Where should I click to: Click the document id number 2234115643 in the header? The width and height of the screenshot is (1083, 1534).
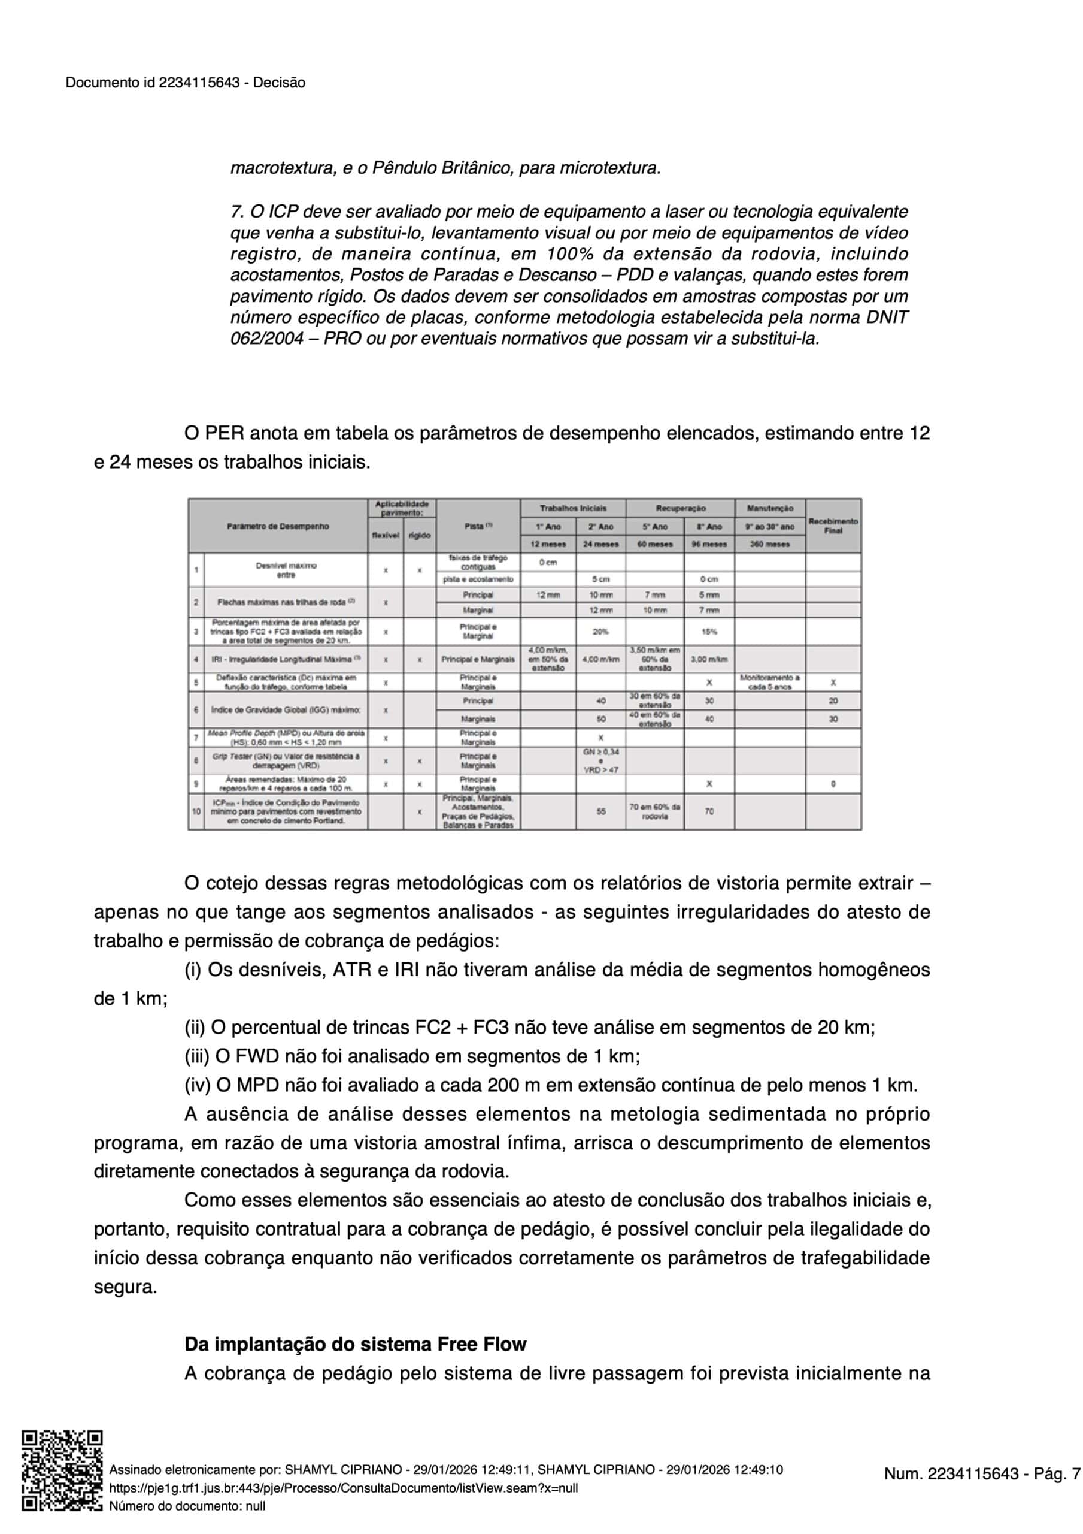coord(199,83)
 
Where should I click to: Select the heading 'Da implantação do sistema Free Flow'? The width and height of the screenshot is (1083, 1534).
coord(355,1343)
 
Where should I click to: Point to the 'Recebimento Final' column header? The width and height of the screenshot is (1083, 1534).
coord(833,525)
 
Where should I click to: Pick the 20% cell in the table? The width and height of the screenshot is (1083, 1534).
coord(600,631)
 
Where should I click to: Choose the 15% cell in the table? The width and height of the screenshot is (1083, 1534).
coord(709,631)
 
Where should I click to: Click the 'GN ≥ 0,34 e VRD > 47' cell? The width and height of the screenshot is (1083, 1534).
coord(600,760)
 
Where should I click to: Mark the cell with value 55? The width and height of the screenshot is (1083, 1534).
coord(601,811)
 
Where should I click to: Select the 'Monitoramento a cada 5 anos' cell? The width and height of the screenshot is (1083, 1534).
coord(770,681)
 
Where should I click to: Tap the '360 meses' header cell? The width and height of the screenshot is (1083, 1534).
coord(770,544)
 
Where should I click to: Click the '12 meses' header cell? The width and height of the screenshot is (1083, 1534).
coord(548,544)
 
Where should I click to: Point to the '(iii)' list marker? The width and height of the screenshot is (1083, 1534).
coord(197,1056)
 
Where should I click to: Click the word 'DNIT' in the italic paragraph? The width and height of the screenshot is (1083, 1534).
coord(887,317)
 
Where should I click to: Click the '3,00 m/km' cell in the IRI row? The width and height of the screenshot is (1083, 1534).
coord(709,659)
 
